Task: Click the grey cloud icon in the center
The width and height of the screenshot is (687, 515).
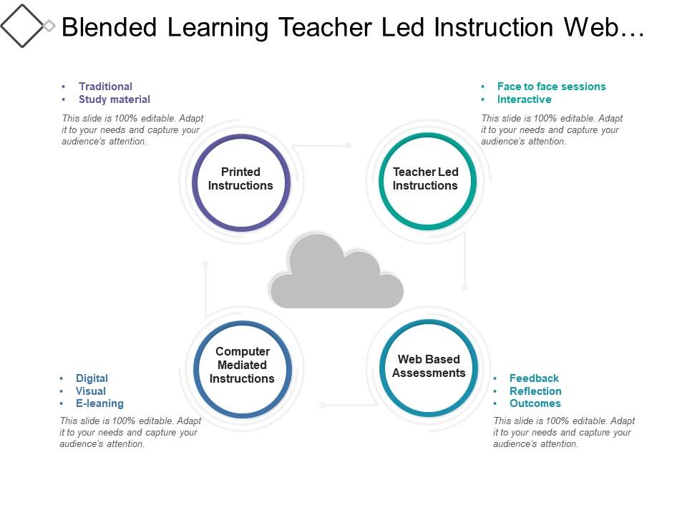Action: click(x=336, y=275)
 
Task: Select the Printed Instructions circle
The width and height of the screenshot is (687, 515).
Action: click(x=241, y=182)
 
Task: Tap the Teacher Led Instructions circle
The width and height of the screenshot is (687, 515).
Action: click(x=427, y=182)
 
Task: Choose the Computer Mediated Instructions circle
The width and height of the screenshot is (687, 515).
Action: click(x=242, y=368)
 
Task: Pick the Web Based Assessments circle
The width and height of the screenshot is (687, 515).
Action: click(x=429, y=368)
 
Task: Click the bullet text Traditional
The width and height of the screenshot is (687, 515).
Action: click(x=105, y=87)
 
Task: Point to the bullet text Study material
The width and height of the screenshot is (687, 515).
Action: click(x=114, y=99)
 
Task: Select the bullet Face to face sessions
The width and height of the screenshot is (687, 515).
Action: click(x=551, y=87)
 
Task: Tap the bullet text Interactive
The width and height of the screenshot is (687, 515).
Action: click(x=524, y=99)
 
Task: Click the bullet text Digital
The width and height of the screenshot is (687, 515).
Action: click(x=92, y=378)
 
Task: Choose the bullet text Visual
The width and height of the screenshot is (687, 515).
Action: click(x=91, y=391)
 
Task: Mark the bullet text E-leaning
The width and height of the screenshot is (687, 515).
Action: click(x=99, y=403)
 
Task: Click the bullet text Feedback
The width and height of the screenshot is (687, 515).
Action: click(x=534, y=378)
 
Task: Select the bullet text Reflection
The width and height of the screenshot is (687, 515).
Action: click(x=535, y=391)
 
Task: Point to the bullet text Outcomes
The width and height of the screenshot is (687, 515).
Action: click(x=535, y=403)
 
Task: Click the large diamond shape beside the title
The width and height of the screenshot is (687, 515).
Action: click(x=21, y=26)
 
